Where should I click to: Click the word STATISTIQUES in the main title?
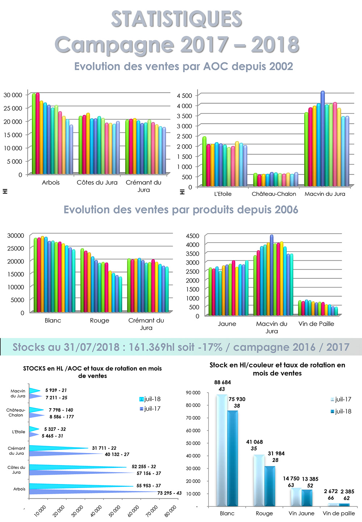click(176, 19)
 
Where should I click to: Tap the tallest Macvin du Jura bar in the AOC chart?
click(323, 138)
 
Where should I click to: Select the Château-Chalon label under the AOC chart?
click(274, 194)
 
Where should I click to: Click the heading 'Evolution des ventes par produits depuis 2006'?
click(181, 210)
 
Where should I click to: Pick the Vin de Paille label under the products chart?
click(316, 324)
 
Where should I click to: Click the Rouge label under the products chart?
click(100, 320)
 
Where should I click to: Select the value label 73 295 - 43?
click(169, 493)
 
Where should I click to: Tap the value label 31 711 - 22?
click(104, 448)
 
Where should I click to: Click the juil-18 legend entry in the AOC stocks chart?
click(150, 399)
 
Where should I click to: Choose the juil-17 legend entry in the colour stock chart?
click(341, 399)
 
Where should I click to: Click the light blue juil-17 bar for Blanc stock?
click(222, 450)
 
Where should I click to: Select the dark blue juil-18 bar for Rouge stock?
click(270, 486)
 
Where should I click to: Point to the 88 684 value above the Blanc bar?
click(222, 382)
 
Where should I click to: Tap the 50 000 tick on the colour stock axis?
click(193, 443)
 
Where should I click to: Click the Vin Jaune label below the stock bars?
click(301, 513)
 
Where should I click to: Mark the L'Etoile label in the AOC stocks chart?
click(19, 432)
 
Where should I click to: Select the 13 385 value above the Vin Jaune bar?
click(310, 479)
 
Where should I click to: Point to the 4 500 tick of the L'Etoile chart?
click(184, 95)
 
